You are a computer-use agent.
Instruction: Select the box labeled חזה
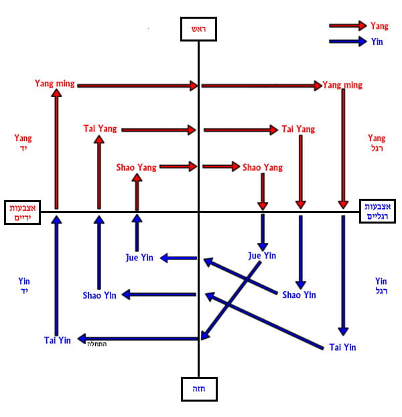click(x=198, y=388)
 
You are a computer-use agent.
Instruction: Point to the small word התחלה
click(x=96, y=344)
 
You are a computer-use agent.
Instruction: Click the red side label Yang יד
click(x=23, y=143)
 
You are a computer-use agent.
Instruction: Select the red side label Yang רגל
click(x=377, y=143)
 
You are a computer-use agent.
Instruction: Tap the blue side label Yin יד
click(x=24, y=286)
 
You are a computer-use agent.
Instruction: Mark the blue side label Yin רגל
click(x=381, y=286)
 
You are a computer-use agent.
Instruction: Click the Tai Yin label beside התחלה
click(x=58, y=340)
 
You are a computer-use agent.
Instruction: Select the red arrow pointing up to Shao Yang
click(x=137, y=192)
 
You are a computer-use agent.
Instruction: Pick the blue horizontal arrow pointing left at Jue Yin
click(x=178, y=258)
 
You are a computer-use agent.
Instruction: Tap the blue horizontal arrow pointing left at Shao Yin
click(x=158, y=295)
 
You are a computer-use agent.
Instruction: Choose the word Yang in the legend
click(x=379, y=26)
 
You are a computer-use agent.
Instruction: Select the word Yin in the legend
click(x=377, y=41)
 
